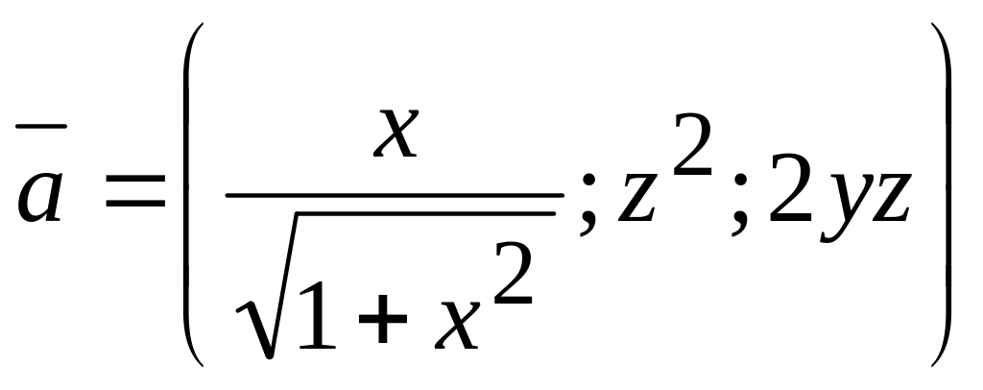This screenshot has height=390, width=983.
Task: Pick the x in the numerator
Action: point(396,134)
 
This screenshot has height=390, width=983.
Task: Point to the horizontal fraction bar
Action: point(394,195)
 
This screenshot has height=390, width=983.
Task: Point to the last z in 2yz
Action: point(888,202)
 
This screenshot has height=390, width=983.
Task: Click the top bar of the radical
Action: point(422,214)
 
